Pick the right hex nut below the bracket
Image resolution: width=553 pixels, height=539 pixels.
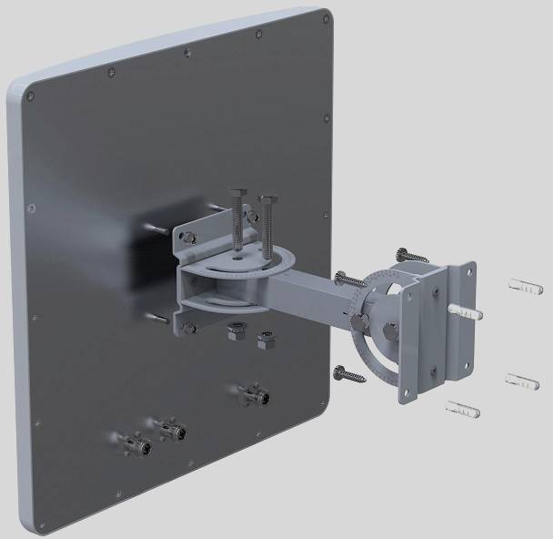pyautogui.click(x=266, y=340)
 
